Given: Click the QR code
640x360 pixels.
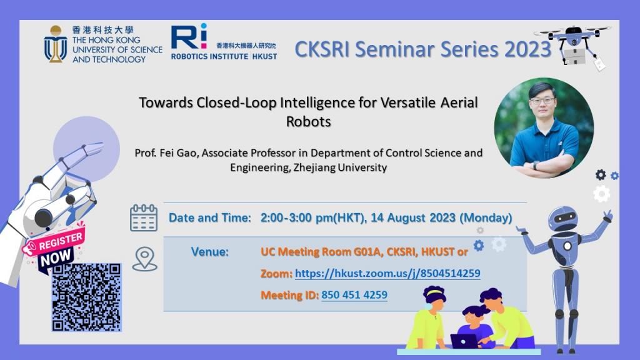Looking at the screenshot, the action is (86, 297).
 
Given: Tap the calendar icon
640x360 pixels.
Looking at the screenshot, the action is (144, 218).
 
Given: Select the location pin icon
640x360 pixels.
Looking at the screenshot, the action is (144, 259).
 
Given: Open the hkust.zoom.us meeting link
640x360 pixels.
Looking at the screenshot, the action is (387, 273).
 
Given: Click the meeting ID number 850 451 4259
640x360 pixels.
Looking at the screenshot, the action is (354, 295).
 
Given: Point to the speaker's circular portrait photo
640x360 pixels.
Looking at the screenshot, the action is (544, 128).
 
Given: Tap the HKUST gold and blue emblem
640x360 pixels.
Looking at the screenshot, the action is (56, 44).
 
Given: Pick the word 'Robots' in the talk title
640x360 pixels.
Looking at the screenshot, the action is (309, 121).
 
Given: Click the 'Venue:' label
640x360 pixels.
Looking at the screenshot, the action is (210, 252).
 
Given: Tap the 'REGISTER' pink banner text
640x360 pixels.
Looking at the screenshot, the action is (61, 242).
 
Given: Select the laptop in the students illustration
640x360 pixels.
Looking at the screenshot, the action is (464, 341).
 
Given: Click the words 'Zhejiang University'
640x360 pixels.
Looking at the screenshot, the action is (340, 167).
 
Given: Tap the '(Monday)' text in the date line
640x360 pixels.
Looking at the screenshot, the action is (486, 217).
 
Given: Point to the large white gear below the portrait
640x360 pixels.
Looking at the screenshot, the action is (602, 194).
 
